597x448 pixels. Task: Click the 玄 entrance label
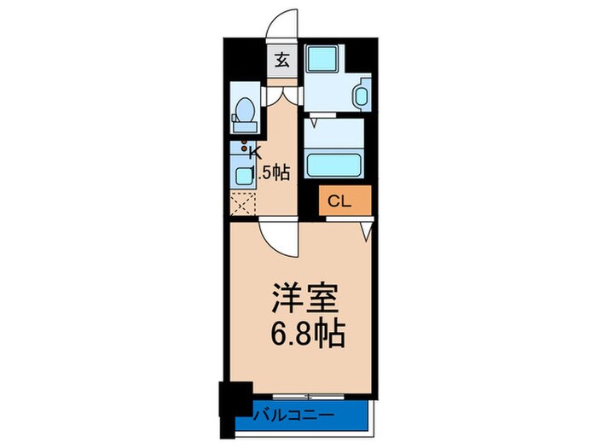click(x=281, y=62)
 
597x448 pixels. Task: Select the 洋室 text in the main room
click(x=307, y=300)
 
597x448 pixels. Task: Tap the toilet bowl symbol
click(x=245, y=112)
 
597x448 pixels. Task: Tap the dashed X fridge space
click(x=243, y=204)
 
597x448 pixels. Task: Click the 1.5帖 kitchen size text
click(x=273, y=172)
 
